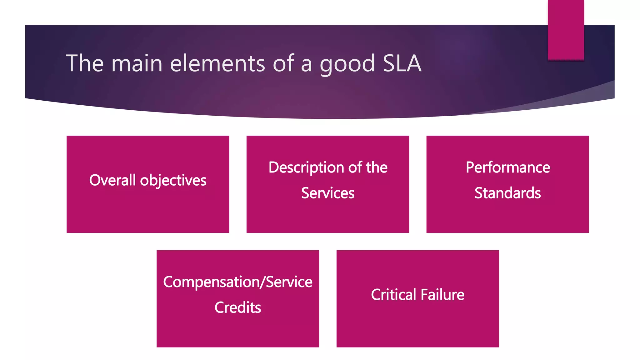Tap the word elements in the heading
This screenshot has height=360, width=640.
pos(217,63)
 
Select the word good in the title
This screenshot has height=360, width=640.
pos(347,64)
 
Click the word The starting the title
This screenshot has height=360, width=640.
pos(84,63)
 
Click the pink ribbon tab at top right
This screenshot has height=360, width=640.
pos(566,30)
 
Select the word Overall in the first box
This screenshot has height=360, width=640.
pos(112,180)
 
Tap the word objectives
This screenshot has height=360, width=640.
pos(173,181)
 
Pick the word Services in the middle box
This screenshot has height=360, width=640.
pos(328,193)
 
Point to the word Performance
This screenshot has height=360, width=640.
pos(508,167)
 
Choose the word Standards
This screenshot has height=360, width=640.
pos(507,193)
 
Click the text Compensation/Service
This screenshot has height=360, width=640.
pos(237,282)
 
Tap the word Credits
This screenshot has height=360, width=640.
pos(237,308)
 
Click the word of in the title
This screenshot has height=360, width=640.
pos(283,63)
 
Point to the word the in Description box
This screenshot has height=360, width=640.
pos(377,167)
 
